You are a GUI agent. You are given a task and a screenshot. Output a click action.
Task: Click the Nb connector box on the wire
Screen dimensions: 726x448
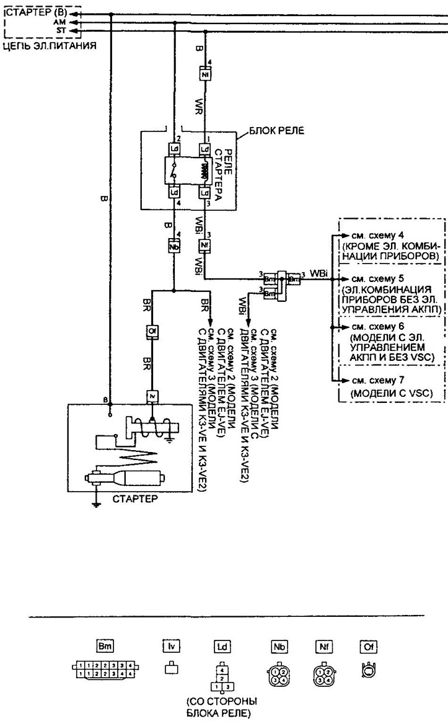coord(173,246)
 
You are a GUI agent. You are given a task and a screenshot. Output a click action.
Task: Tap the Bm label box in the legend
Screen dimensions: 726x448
coord(104,646)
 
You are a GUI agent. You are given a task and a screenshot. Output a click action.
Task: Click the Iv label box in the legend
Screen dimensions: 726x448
coord(170,646)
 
